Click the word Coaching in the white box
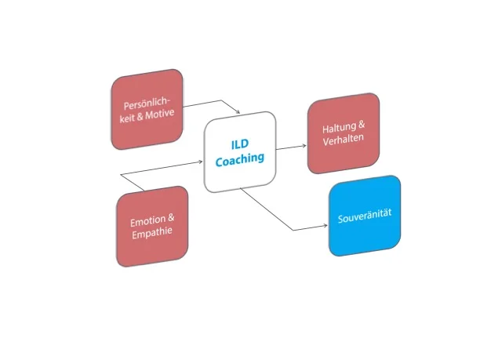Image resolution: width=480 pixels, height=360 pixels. (x=239, y=158)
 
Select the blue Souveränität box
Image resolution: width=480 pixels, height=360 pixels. (x=364, y=216)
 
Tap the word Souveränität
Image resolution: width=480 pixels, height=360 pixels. (x=364, y=216)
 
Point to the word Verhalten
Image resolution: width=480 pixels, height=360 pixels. (x=343, y=141)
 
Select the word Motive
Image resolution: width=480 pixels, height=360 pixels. (x=159, y=115)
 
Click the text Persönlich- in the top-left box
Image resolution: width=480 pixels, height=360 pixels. (x=146, y=105)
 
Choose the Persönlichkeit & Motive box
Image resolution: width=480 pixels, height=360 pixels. (x=147, y=111)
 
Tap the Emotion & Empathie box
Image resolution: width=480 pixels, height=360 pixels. (x=151, y=226)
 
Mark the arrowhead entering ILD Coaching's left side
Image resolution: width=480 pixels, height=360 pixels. (x=202, y=160)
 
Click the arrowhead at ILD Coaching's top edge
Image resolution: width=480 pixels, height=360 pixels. (x=237, y=112)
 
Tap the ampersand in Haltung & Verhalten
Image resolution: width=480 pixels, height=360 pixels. (x=362, y=128)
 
